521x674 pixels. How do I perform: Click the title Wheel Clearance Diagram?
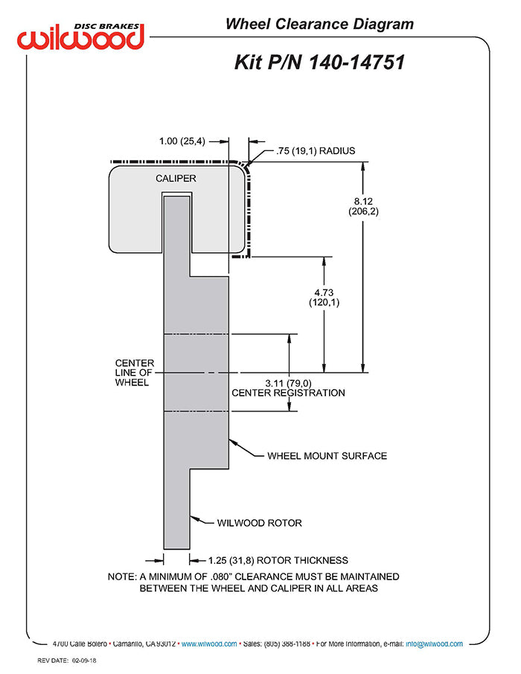pyautogui.click(x=319, y=25)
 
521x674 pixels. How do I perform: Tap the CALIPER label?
pyautogui.click(x=176, y=179)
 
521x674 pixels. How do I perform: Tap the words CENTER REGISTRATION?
pyautogui.click(x=288, y=393)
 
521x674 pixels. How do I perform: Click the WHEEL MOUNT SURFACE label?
pyautogui.click(x=327, y=455)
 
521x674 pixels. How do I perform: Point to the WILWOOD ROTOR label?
pyautogui.click(x=259, y=523)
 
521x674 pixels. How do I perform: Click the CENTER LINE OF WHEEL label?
pyautogui.click(x=134, y=373)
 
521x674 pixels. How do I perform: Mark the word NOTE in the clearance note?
pyautogui.click(x=121, y=577)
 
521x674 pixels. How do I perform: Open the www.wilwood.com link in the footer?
pyautogui.click(x=209, y=644)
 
